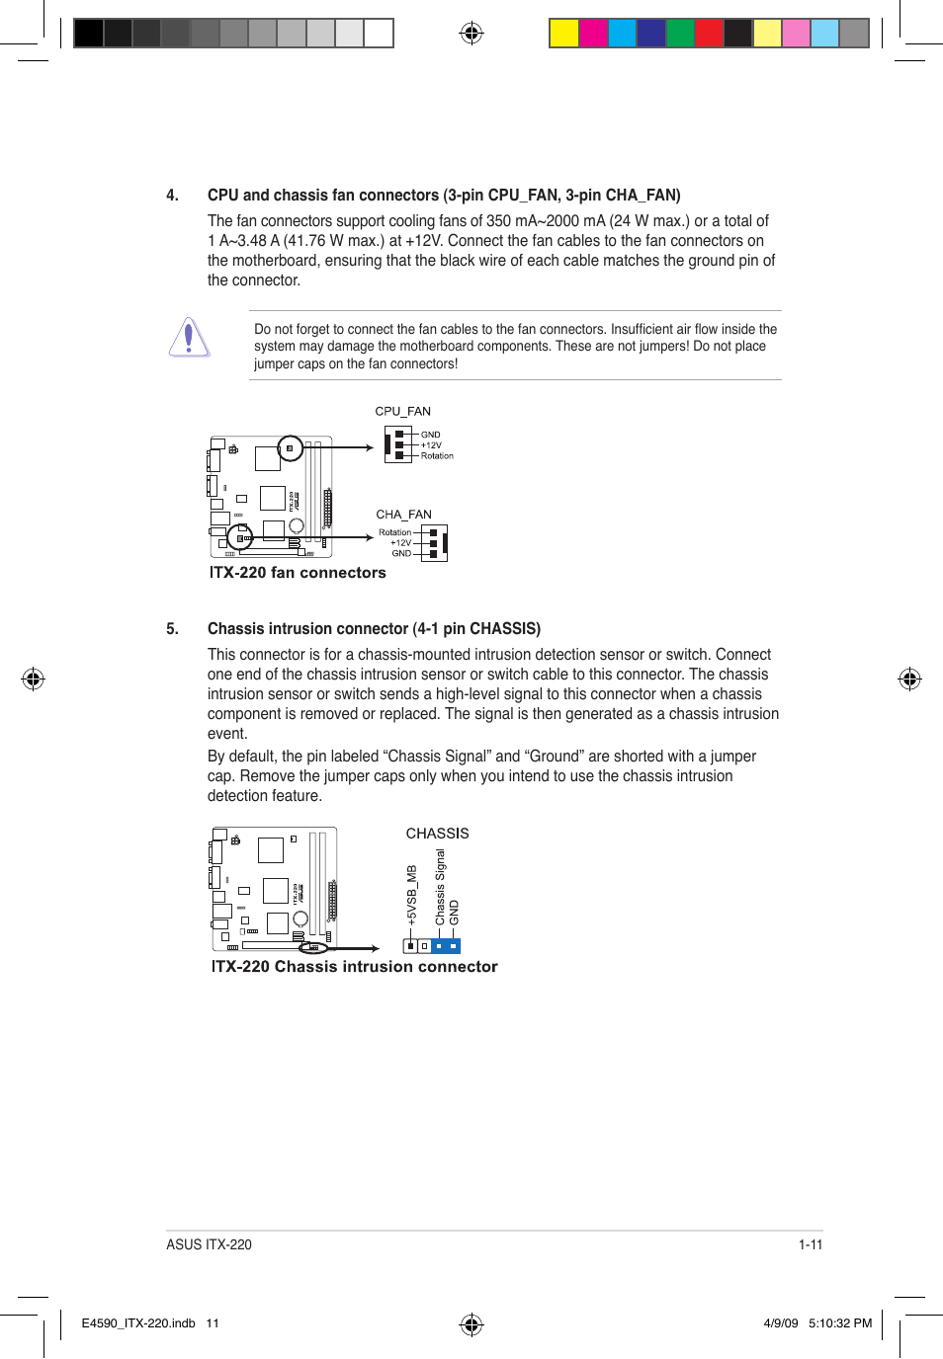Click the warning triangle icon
[x=189, y=338]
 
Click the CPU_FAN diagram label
[x=402, y=411]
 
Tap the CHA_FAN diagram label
[x=403, y=515]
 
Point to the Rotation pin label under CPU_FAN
[x=437, y=456]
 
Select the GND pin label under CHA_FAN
[x=401, y=553]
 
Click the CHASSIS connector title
[x=437, y=834]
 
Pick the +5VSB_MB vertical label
[x=412, y=895]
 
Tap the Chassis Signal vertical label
[x=440, y=887]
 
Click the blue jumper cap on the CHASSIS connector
[x=446, y=946]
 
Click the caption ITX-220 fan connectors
[x=298, y=573]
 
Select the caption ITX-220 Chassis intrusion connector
[x=354, y=967]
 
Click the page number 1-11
[x=811, y=1244]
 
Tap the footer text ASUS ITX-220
[x=209, y=1244]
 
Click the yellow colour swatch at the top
[x=563, y=34]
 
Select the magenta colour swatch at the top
[x=593, y=34]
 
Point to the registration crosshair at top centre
[x=471, y=34]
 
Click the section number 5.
[x=172, y=629]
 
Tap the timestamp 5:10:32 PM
[x=840, y=1323]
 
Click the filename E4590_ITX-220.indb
[x=138, y=1323]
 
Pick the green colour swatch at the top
[x=680, y=34]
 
